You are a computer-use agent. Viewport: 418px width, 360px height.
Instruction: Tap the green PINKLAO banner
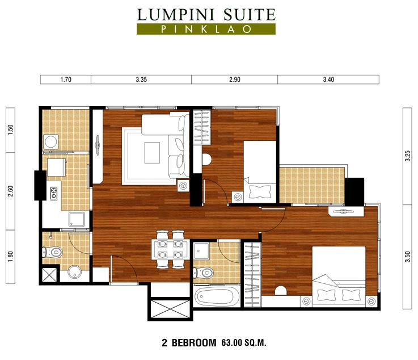(x=206, y=29)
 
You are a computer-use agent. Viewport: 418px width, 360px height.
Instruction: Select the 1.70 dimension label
(x=65, y=79)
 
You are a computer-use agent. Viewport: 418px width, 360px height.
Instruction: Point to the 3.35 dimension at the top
(x=141, y=79)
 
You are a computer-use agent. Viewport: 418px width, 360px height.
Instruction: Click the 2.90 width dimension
(x=235, y=79)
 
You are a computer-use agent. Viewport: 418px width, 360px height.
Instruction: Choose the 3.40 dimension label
(x=328, y=79)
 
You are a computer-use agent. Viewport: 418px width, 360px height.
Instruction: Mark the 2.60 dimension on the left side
(x=10, y=191)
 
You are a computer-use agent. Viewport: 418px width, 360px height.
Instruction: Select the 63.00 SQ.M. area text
(x=244, y=343)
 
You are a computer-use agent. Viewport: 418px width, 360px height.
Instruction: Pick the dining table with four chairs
(x=170, y=245)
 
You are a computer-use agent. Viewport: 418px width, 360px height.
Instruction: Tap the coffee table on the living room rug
(x=152, y=152)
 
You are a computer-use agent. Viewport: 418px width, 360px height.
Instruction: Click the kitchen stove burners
(x=54, y=194)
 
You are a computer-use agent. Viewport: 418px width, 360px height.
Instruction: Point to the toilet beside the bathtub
(x=203, y=273)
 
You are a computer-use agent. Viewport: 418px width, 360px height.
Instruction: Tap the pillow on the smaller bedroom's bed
(x=260, y=190)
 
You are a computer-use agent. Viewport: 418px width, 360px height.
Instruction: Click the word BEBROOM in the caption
(x=196, y=343)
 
